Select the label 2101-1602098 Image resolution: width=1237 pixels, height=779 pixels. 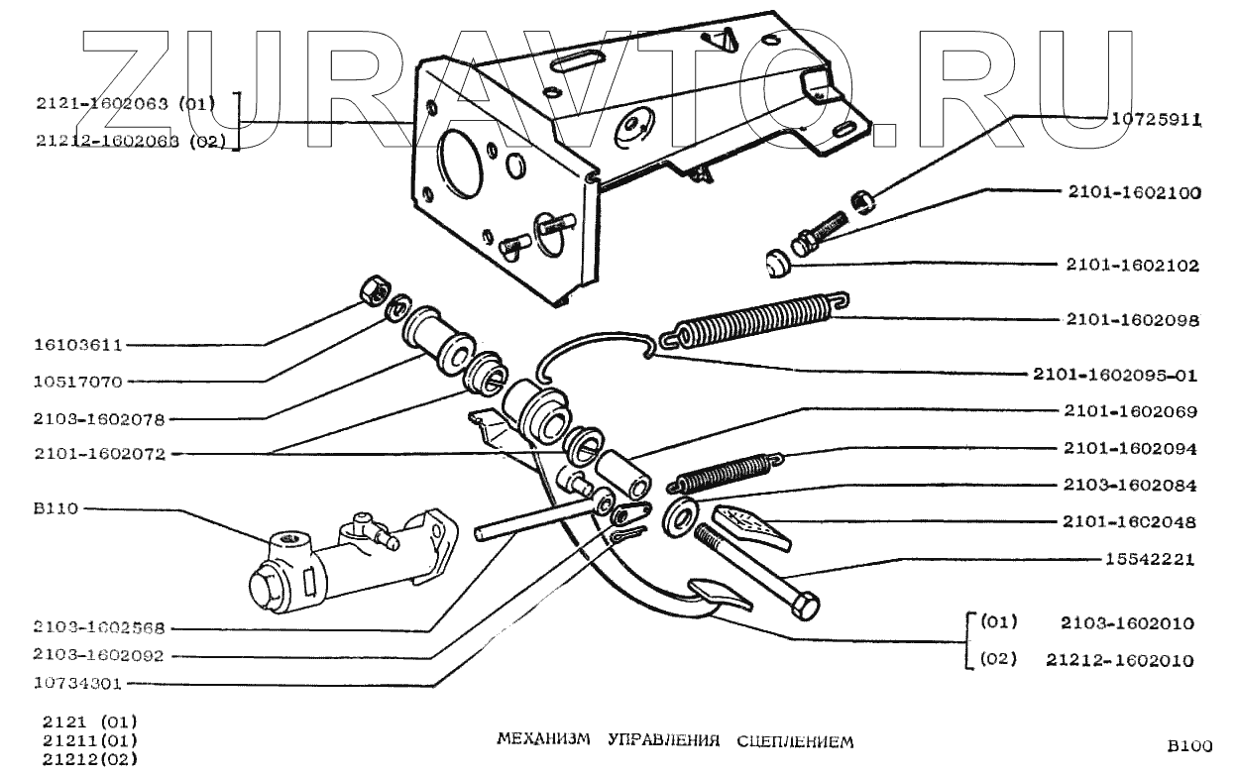tap(1133, 321)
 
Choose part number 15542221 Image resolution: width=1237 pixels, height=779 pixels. tap(1149, 559)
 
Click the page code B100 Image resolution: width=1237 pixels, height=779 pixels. tap(1187, 747)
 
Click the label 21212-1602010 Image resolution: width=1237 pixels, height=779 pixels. tap(1119, 660)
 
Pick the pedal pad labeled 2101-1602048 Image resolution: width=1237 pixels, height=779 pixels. tap(751, 527)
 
